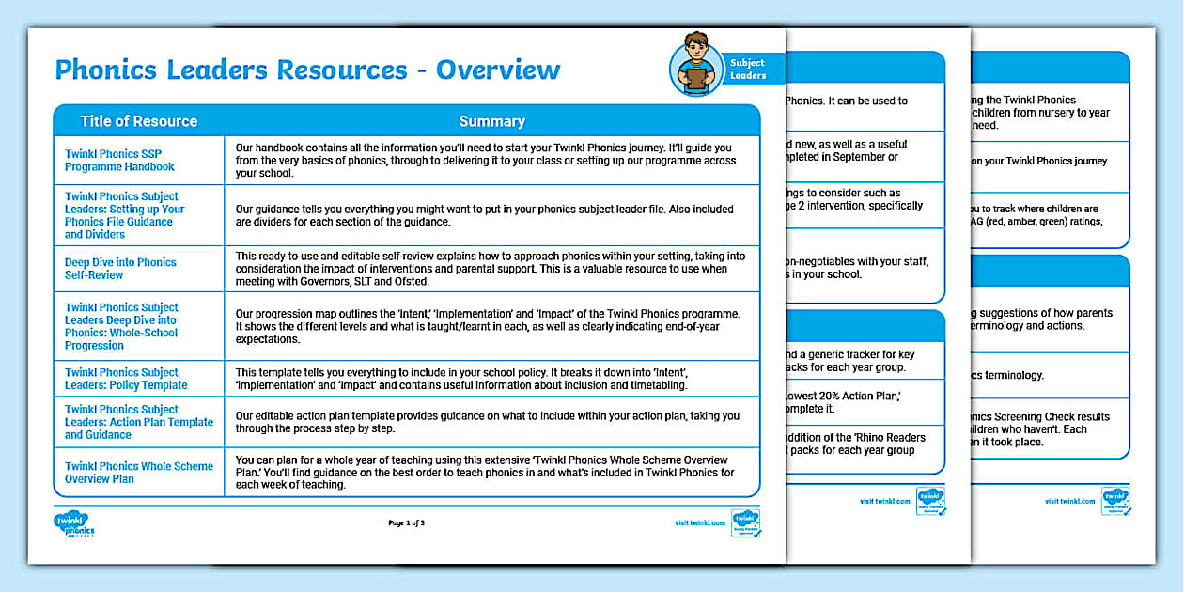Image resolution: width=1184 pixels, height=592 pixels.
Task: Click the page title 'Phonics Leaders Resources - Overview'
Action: click(x=307, y=70)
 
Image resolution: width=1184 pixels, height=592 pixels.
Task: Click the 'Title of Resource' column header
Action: click(x=138, y=121)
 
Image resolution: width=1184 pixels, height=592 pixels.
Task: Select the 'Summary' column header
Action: click(x=491, y=121)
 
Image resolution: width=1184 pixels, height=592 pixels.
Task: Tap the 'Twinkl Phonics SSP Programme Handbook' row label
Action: click(x=119, y=161)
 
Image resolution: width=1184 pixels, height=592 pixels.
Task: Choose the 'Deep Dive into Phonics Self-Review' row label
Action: click(x=119, y=269)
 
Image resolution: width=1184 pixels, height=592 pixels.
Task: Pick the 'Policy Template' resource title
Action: click(x=126, y=379)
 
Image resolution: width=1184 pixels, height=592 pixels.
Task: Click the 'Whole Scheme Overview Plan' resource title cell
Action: click(x=138, y=473)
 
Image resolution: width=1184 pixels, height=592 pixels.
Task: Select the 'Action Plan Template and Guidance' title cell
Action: click(x=138, y=422)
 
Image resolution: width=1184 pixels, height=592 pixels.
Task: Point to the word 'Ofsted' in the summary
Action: click(x=411, y=281)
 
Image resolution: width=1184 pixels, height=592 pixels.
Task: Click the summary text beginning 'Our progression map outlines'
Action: click(x=489, y=326)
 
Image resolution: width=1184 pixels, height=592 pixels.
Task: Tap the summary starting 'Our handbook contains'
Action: click(x=489, y=161)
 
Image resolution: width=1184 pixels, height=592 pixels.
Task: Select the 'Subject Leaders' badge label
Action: click(x=748, y=70)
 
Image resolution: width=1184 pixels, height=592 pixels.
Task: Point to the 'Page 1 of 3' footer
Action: click(x=406, y=522)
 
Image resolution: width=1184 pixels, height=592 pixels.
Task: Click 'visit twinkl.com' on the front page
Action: click(x=699, y=522)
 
